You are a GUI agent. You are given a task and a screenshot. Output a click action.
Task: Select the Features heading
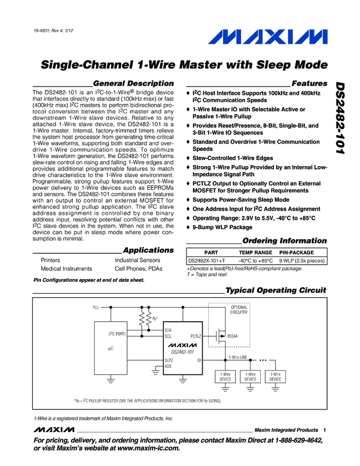click(309, 83)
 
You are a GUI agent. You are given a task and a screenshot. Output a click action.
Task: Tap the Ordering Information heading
click(284, 241)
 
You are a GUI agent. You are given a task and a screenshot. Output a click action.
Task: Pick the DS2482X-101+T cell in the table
click(206, 260)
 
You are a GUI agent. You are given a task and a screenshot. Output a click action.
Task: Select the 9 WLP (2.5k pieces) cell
click(302, 260)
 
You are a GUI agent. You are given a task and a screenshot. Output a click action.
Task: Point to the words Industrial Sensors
click(138, 260)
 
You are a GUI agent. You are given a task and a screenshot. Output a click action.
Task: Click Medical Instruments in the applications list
click(66, 269)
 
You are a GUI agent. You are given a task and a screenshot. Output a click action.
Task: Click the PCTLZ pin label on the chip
click(196, 335)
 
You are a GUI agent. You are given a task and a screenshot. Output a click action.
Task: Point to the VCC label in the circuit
click(96, 308)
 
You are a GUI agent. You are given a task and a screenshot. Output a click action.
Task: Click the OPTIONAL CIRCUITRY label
click(239, 310)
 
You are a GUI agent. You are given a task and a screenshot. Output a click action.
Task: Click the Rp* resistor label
click(155, 317)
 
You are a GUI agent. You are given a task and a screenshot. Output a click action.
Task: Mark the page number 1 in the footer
click(324, 430)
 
